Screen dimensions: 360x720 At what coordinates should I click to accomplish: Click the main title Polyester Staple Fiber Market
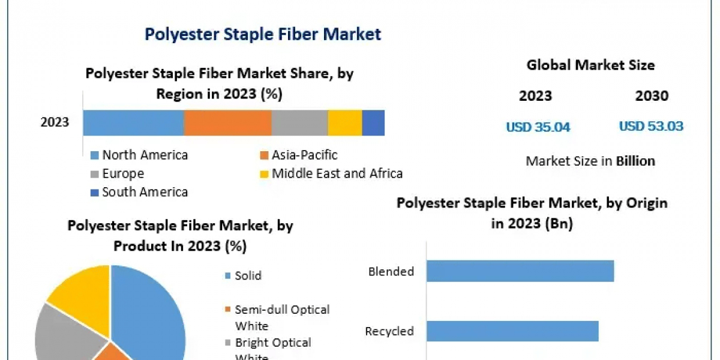[x=263, y=34]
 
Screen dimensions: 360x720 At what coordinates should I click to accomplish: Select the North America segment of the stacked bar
[x=133, y=122]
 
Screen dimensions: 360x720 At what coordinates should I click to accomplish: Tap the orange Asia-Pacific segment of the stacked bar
[x=227, y=122]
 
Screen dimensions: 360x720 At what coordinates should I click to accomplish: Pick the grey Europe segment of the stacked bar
[x=299, y=122]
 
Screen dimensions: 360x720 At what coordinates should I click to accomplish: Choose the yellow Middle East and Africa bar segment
[x=345, y=122]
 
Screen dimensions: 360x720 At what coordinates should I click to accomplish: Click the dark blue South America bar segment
[x=373, y=122]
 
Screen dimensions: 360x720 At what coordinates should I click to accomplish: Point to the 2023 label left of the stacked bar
[x=55, y=122]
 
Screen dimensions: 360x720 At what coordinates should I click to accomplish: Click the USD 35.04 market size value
[x=538, y=127]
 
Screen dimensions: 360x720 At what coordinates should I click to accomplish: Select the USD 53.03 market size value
[x=651, y=127]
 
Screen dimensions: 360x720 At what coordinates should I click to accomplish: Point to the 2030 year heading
[x=652, y=96]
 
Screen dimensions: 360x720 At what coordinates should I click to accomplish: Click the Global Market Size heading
[x=590, y=65]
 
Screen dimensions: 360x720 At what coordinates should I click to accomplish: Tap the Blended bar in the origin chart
[x=520, y=271]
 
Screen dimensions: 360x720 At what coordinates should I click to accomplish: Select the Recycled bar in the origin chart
[x=512, y=331]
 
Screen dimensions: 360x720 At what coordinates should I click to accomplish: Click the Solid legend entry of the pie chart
[x=247, y=276]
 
